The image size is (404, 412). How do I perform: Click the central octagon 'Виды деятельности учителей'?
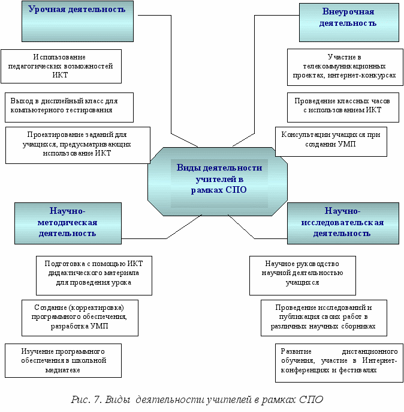[x=218, y=181]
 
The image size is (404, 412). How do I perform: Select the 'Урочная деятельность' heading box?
[x=77, y=21]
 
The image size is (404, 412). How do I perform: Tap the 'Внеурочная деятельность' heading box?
[x=349, y=22]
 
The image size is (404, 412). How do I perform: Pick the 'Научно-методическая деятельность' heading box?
[x=68, y=223]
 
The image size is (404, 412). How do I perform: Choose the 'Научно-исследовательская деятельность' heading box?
[x=343, y=223]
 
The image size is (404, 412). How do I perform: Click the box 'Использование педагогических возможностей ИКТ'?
[x=61, y=66]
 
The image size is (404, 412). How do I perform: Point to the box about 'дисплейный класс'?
[x=69, y=107]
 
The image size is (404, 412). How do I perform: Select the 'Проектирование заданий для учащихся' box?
[x=78, y=145]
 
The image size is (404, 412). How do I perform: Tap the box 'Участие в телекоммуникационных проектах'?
[x=345, y=67]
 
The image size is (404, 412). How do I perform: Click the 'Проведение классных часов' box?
[x=343, y=107]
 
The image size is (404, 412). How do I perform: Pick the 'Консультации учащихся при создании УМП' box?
[x=331, y=142]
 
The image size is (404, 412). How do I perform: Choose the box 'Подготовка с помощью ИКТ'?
[x=94, y=276]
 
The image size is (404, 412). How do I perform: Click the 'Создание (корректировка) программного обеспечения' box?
[x=80, y=318]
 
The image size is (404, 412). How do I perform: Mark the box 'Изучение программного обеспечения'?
[x=63, y=360]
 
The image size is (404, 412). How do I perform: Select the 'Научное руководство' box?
[x=303, y=276]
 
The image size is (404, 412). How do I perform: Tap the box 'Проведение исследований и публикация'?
[x=324, y=318]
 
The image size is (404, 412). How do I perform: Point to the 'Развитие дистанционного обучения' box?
[x=339, y=363]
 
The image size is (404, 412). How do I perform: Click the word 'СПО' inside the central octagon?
[x=236, y=190]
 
